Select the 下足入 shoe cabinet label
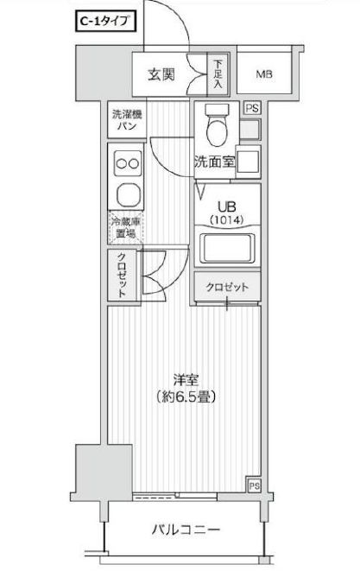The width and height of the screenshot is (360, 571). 218,75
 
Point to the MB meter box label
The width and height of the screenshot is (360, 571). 264,74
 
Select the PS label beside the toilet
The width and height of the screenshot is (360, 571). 251,108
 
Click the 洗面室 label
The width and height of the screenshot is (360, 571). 212,161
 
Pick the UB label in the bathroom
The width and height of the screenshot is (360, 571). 225,206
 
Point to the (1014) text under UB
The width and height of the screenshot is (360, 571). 225,221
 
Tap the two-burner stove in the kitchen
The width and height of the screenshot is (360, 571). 126,164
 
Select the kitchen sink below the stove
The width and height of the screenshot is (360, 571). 126,194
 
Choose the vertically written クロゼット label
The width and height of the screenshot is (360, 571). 123,275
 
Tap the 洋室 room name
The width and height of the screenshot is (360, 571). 181,379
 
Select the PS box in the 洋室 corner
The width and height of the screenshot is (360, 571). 252,485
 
